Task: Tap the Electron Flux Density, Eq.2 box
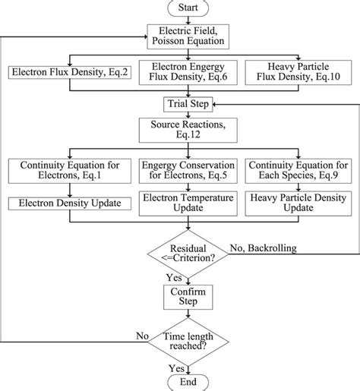(x=69, y=73)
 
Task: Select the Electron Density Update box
(x=69, y=203)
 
